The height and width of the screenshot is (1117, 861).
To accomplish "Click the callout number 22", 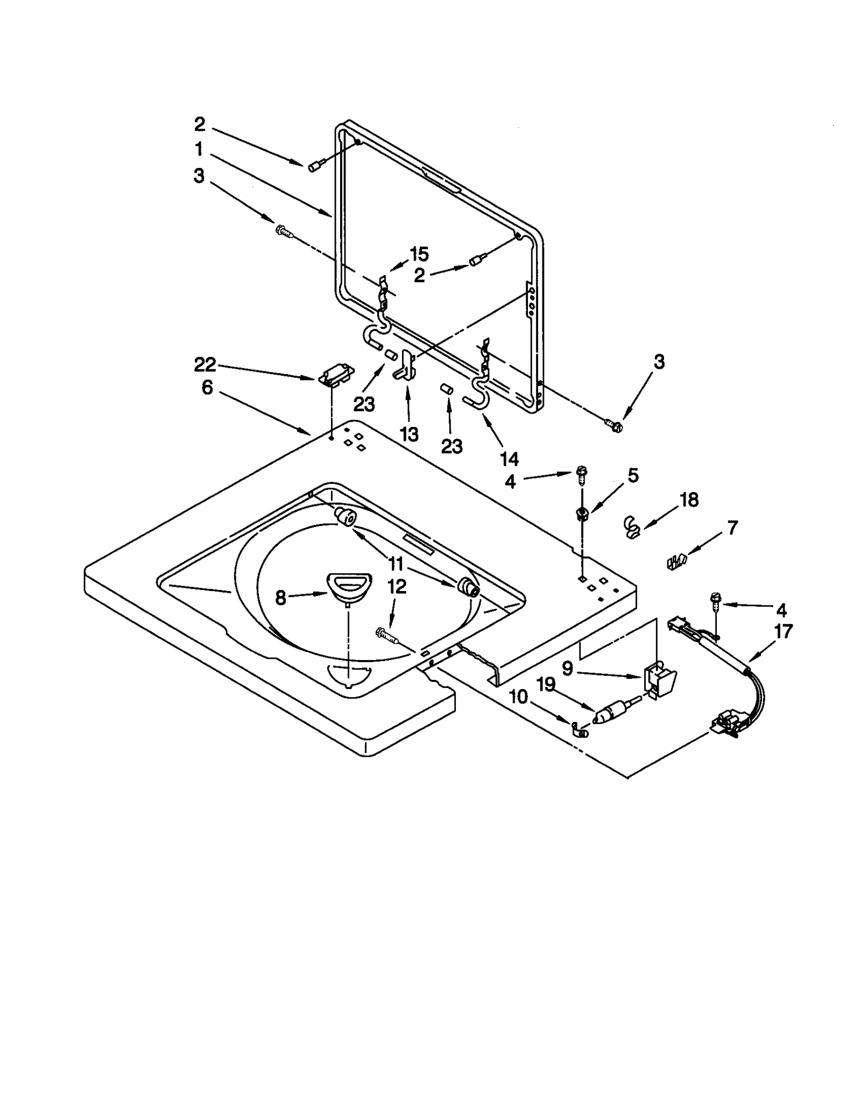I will [205, 366].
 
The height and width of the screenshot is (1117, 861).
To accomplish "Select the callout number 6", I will [207, 388].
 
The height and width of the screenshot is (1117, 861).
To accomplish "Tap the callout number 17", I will [782, 631].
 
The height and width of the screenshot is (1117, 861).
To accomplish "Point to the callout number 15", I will [419, 254].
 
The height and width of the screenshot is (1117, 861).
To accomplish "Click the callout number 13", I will [409, 434].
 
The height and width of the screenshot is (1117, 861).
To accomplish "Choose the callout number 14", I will [509, 459].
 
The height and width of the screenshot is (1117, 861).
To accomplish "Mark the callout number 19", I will [546, 684].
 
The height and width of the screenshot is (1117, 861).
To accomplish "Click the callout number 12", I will [397, 586].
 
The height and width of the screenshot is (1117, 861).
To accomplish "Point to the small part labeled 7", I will [675, 562].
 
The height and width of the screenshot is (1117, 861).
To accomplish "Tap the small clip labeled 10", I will [580, 730].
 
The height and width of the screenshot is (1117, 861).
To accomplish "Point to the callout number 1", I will [199, 149].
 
